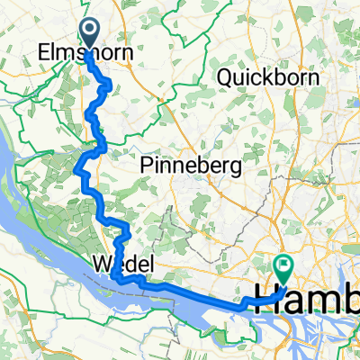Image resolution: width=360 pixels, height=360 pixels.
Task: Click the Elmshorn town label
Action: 86,53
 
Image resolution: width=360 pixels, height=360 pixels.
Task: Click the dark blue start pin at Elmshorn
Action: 92,35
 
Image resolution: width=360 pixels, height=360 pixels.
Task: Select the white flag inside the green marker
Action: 284,265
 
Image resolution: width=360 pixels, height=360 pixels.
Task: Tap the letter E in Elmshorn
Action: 45,53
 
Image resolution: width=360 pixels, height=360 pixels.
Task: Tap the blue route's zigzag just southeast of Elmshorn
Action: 107,86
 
